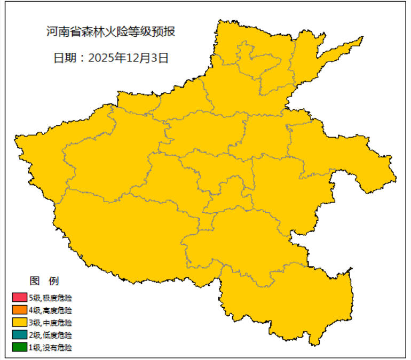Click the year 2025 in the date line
click(x=100, y=58)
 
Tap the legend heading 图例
click(x=44, y=281)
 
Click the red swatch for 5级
click(x=19, y=297)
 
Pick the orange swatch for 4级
click(x=19, y=310)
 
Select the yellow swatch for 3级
click(x=19, y=322)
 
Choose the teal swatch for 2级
click(x=19, y=335)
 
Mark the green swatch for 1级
click(x=19, y=347)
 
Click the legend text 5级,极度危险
click(x=51, y=297)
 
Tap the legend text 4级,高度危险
click(x=51, y=310)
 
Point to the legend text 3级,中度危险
click(x=51, y=323)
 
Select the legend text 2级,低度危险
click(x=51, y=335)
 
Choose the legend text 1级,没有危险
click(x=51, y=348)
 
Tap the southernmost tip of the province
click(x=315, y=343)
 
